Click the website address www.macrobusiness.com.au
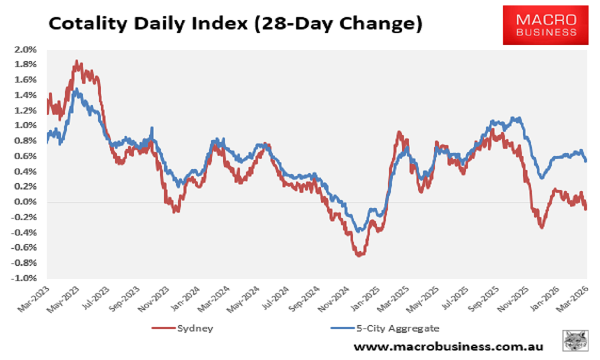click(x=448, y=346)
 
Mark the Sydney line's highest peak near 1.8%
click(x=76, y=61)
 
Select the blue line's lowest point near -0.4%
click(x=358, y=231)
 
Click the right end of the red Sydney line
click(x=585, y=208)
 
